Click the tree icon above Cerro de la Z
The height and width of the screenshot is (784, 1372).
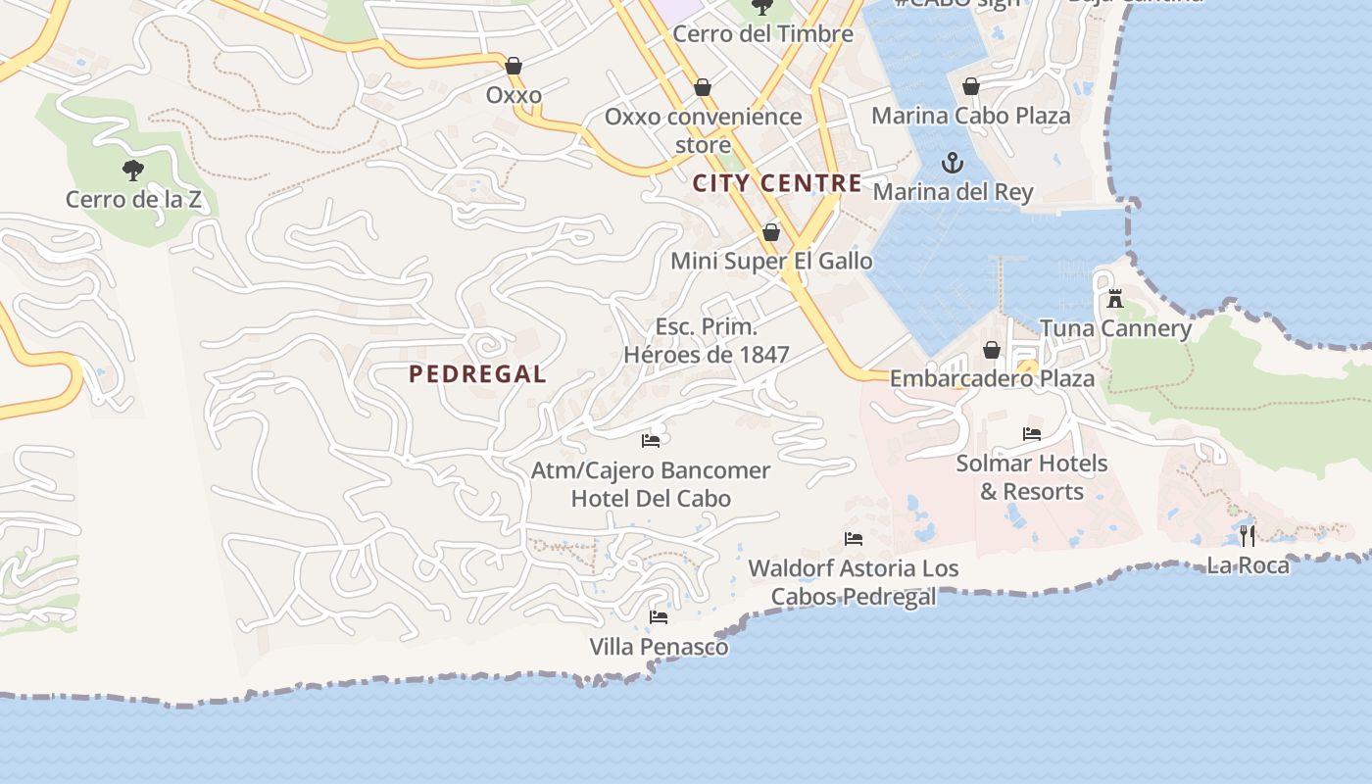pyautogui.click(x=132, y=171)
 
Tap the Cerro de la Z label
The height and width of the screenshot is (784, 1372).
pyautogui.click(x=133, y=200)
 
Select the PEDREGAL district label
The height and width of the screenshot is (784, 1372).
pyautogui.click(x=477, y=373)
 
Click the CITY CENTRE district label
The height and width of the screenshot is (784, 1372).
pyautogui.click(x=777, y=183)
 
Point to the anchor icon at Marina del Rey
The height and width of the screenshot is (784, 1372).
pyautogui.click(x=953, y=163)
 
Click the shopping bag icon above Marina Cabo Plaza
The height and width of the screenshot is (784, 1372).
pyautogui.click(x=970, y=87)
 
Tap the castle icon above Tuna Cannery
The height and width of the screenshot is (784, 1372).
pyautogui.click(x=1114, y=299)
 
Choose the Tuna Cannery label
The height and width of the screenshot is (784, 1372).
pyautogui.click(x=1115, y=328)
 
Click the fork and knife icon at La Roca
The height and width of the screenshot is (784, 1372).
pyautogui.click(x=1247, y=535)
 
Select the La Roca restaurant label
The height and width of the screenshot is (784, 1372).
pyautogui.click(x=1248, y=565)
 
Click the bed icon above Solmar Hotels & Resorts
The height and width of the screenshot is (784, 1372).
pyautogui.click(x=1031, y=433)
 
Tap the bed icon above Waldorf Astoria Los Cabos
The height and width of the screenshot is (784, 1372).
pyautogui.click(x=853, y=539)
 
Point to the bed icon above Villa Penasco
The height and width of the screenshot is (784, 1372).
pyautogui.click(x=659, y=617)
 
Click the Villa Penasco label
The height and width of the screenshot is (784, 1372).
pyautogui.click(x=659, y=648)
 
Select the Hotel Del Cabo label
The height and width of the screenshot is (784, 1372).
pyautogui.click(x=651, y=499)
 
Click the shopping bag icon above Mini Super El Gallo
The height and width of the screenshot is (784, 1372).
pyautogui.click(x=771, y=232)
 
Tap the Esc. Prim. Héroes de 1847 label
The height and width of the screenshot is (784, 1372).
pyautogui.click(x=707, y=341)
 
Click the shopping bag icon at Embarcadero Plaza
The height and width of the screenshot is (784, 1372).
pyautogui.click(x=992, y=350)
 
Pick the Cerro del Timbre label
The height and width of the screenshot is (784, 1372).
pyautogui.click(x=762, y=34)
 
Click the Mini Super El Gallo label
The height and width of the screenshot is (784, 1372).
pyautogui.click(x=771, y=262)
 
